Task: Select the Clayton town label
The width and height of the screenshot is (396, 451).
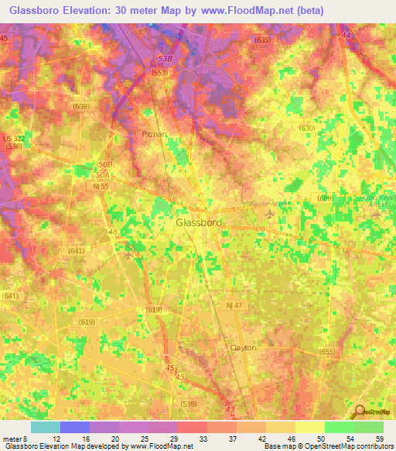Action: click(242, 348)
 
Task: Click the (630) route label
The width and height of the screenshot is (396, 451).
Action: click(306, 129)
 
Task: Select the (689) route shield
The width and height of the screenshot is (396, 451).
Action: click(325, 198)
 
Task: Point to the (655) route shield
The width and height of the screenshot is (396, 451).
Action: click(326, 352)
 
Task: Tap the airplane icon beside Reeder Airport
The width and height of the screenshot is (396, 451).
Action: click(269, 212)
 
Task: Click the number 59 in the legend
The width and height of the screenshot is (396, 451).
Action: click(380, 439)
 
